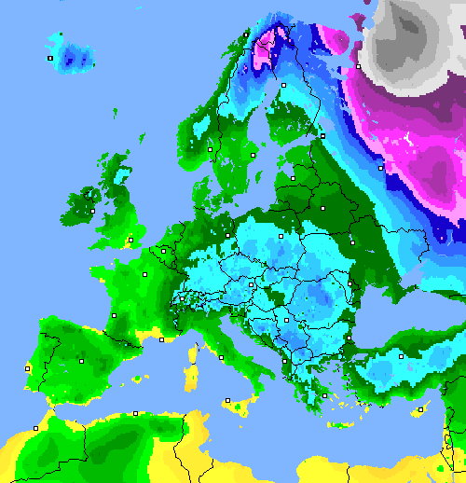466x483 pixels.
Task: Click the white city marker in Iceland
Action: click(x=49, y=58)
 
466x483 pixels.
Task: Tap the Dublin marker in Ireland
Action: click(x=92, y=211)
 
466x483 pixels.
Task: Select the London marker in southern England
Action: click(x=130, y=240)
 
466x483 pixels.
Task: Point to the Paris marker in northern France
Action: click(x=144, y=275)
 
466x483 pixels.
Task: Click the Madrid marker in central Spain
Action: click(x=81, y=360)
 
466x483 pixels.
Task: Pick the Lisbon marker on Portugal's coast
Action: click(x=27, y=368)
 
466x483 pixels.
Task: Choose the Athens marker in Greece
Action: click(x=323, y=396)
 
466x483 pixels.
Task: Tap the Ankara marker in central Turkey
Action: click(x=401, y=355)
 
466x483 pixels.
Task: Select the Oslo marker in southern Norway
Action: click(x=211, y=148)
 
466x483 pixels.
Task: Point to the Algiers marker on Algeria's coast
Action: click(x=136, y=412)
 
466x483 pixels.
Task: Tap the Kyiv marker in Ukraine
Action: click(x=352, y=244)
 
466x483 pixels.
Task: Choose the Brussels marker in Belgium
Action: click(x=163, y=250)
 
